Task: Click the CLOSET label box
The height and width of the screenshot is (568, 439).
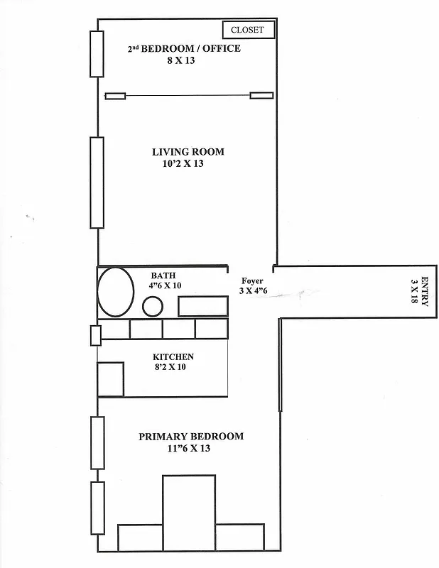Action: pos(247,30)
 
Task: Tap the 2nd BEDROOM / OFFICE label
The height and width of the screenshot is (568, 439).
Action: pos(183,49)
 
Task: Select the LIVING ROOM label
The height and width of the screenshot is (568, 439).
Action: pos(188,152)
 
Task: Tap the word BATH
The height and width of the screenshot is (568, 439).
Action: pos(163,275)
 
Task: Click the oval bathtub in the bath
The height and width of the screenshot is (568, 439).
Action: pos(116,291)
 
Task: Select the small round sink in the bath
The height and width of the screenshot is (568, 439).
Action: pos(153,306)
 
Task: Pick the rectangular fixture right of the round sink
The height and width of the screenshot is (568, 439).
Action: pos(202,306)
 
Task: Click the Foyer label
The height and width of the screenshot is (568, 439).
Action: pos(252,280)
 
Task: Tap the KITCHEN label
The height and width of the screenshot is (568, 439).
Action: pos(173,356)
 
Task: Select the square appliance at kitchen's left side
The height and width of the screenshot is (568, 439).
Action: pos(110,379)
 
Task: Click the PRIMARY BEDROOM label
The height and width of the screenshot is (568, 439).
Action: pos(190,437)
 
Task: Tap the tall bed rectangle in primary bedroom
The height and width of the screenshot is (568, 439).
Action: pos(188,511)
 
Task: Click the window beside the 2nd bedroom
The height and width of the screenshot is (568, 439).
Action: pos(97,53)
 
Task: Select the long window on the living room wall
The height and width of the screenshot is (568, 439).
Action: pos(97,182)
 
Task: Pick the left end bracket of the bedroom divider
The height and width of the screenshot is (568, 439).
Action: pos(116,96)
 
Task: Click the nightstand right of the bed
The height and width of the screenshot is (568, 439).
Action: pos(239,536)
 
